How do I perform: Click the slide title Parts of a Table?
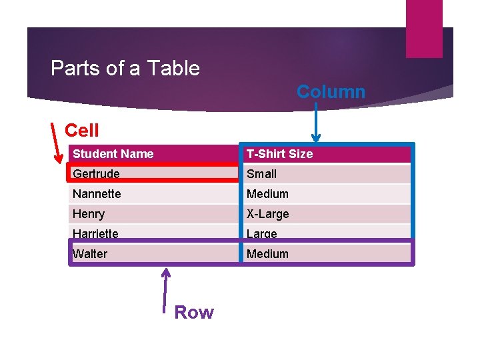pyautogui.click(x=125, y=68)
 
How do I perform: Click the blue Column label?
pyautogui.click(x=331, y=91)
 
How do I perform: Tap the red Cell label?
pyautogui.click(x=82, y=130)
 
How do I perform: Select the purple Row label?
pyautogui.click(x=193, y=312)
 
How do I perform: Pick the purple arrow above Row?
pyautogui.click(x=166, y=289)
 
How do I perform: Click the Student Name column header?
pyautogui.click(x=113, y=154)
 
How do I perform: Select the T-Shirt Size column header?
pyautogui.click(x=279, y=154)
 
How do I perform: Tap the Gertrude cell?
pyautogui.click(x=96, y=174)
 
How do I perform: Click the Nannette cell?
pyautogui.click(x=97, y=194)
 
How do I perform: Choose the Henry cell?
pyautogui.click(x=89, y=214)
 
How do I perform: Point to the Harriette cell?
pyautogui.click(x=95, y=234)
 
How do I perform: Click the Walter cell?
pyautogui.click(x=90, y=254)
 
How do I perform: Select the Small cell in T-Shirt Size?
pyautogui.click(x=261, y=174)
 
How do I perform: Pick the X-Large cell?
pyautogui.click(x=267, y=214)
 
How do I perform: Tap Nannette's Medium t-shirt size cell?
pyautogui.click(x=267, y=194)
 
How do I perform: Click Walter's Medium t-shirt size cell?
pyautogui.click(x=267, y=254)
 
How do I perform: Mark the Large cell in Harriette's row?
pyautogui.click(x=261, y=234)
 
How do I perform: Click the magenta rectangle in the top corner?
pyautogui.click(x=424, y=28)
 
